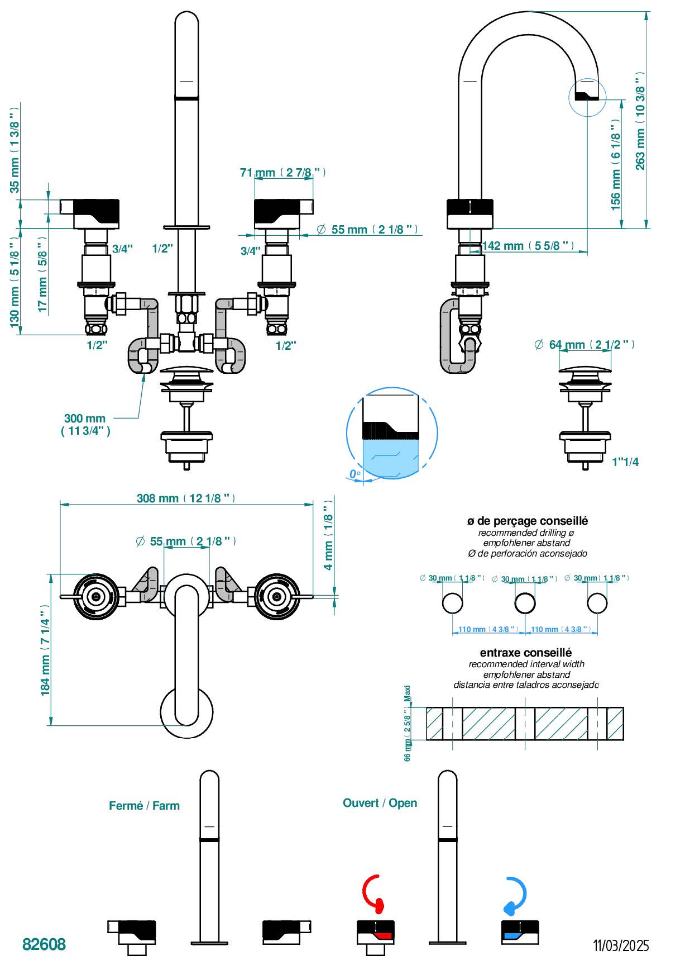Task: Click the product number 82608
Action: (x=44, y=944)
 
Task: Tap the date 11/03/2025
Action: (x=621, y=945)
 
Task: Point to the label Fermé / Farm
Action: (x=144, y=806)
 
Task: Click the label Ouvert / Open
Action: (x=380, y=803)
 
